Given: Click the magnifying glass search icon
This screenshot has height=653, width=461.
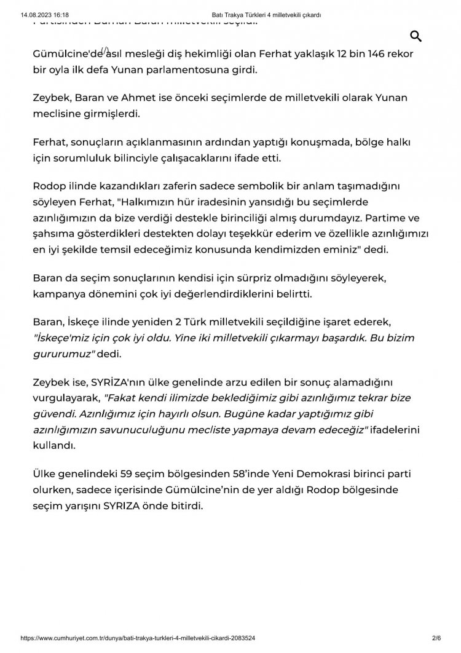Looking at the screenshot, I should [416, 36].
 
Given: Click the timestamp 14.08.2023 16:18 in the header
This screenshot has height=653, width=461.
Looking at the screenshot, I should [44, 14].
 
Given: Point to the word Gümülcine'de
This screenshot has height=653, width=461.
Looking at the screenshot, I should [66, 55].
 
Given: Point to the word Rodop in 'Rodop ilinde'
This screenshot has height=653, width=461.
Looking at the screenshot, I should [49, 186].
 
